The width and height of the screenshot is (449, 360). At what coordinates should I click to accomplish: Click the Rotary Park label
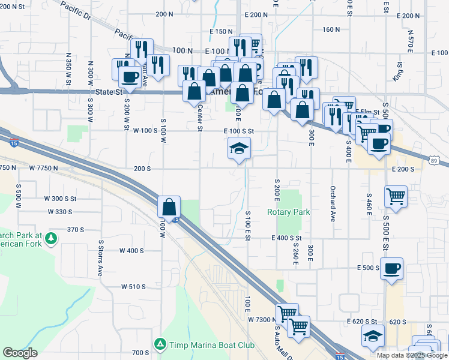[x=288, y=212]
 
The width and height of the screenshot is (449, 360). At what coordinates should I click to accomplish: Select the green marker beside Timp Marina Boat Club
[x=160, y=344]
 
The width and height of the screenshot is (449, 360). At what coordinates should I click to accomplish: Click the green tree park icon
[x=52, y=238]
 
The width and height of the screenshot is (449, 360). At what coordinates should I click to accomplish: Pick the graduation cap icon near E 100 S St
[x=239, y=149]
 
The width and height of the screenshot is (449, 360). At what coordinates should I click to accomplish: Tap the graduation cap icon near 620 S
[x=373, y=337]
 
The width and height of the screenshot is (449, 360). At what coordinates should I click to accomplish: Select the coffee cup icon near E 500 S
[x=391, y=268]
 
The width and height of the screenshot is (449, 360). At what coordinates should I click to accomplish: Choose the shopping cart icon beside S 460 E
[x=396, y=196]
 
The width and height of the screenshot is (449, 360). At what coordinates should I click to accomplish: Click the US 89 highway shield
[x=434, y=160]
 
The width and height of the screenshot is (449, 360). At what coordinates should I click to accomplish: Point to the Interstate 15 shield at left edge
[x=14, y=142]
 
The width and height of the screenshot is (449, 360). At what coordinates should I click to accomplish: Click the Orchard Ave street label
[x=332, y=203]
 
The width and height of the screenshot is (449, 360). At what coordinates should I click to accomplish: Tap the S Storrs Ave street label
[x=101, y=258]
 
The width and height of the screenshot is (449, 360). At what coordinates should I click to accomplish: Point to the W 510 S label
[x=133, y=287]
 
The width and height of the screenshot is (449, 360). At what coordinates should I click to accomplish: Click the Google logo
[x=20, y=352]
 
